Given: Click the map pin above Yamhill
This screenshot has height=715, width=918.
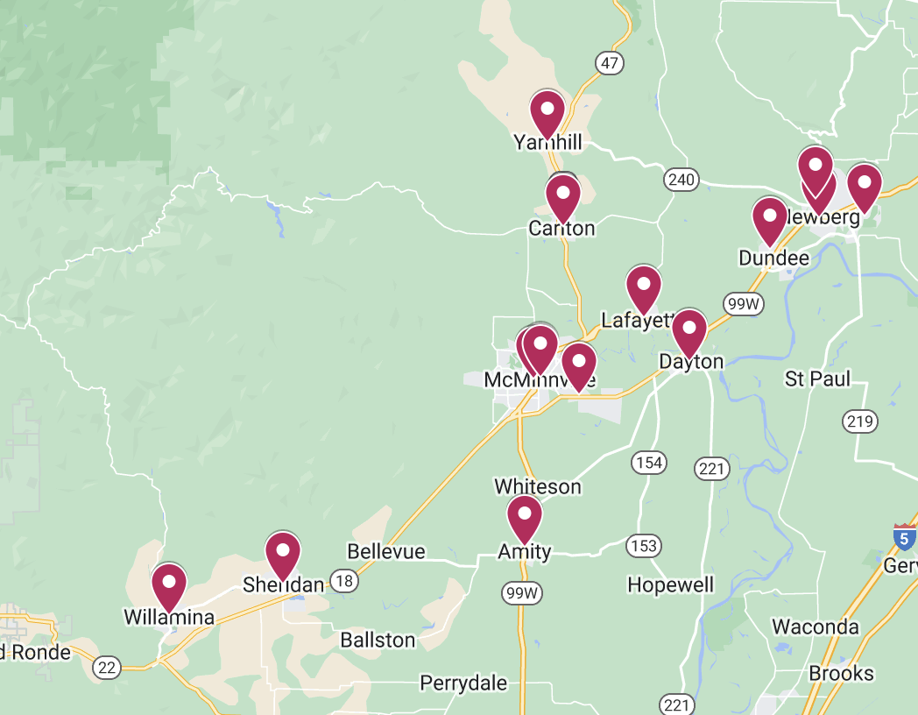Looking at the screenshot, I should click(547, 111).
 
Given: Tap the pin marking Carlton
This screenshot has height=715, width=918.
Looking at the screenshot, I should click(562, 195).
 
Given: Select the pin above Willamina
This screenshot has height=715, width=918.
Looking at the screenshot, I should click(169, 584).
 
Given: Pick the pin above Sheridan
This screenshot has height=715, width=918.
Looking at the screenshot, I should click(283, 552).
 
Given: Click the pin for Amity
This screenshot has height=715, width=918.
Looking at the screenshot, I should click(524, 516).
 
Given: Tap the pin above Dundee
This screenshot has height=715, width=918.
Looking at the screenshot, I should click(769, 218).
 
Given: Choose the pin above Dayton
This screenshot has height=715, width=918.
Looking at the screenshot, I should click(689, 330).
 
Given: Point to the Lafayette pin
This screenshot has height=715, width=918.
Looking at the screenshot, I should click(643, 287).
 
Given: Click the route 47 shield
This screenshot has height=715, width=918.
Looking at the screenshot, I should click(610, 63).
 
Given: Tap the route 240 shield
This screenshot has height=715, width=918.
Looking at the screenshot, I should click(681, 181).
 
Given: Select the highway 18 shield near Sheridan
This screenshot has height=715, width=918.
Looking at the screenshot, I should click(343, 581).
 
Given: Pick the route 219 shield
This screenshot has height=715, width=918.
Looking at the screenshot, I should click(860, 421).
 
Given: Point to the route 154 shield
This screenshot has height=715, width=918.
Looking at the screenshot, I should click(649, 463).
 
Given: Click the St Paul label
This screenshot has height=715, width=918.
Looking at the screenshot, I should click(817, 379).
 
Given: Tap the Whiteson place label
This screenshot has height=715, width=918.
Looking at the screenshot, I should click(538, 486).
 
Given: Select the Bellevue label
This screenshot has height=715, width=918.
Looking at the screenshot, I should click(386, 551).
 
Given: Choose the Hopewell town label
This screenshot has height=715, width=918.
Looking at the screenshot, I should click(671, 584).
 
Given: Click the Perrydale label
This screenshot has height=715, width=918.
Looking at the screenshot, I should click(463, 683).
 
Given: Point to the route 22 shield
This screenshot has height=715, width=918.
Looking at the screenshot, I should click(107, 668).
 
